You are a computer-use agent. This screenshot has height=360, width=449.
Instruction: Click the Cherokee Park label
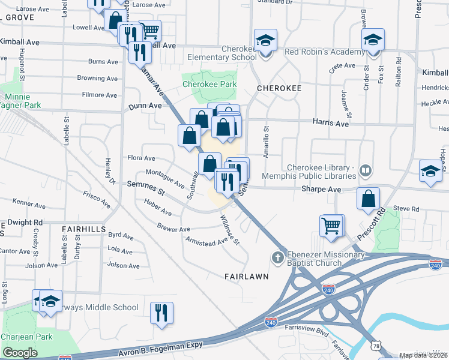(209, 85)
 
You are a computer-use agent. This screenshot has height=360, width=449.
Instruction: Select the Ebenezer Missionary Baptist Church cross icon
(277, 258)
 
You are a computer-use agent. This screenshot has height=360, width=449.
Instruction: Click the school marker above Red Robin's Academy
(373, 41)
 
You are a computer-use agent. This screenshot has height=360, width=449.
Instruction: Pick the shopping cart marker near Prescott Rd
(331, 226)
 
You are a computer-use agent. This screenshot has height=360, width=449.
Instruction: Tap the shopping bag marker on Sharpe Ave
(368, 199)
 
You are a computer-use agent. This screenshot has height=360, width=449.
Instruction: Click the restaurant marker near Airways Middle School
(161, 313)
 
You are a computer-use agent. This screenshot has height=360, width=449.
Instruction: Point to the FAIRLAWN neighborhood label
(246, 277)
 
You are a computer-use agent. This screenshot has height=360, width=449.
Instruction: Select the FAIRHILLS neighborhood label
(83, 229)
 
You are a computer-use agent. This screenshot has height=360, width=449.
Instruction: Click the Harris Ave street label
(330, 123)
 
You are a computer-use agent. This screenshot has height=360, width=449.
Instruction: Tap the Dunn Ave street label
(145, 106)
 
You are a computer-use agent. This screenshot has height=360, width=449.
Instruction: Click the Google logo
(20, 352)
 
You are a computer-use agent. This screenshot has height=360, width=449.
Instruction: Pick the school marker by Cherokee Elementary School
(265, 41)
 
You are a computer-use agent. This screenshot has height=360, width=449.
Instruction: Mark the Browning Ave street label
(97, 78)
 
